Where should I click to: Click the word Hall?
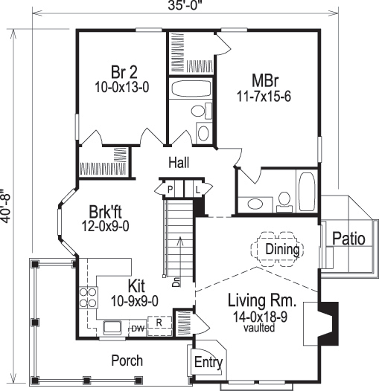click(179, 163)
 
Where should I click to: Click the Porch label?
click(127, 361)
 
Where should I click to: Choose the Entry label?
click(208, 362)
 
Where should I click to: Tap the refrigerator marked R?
click(158, 324)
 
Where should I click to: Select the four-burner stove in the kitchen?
click(89, 297)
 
